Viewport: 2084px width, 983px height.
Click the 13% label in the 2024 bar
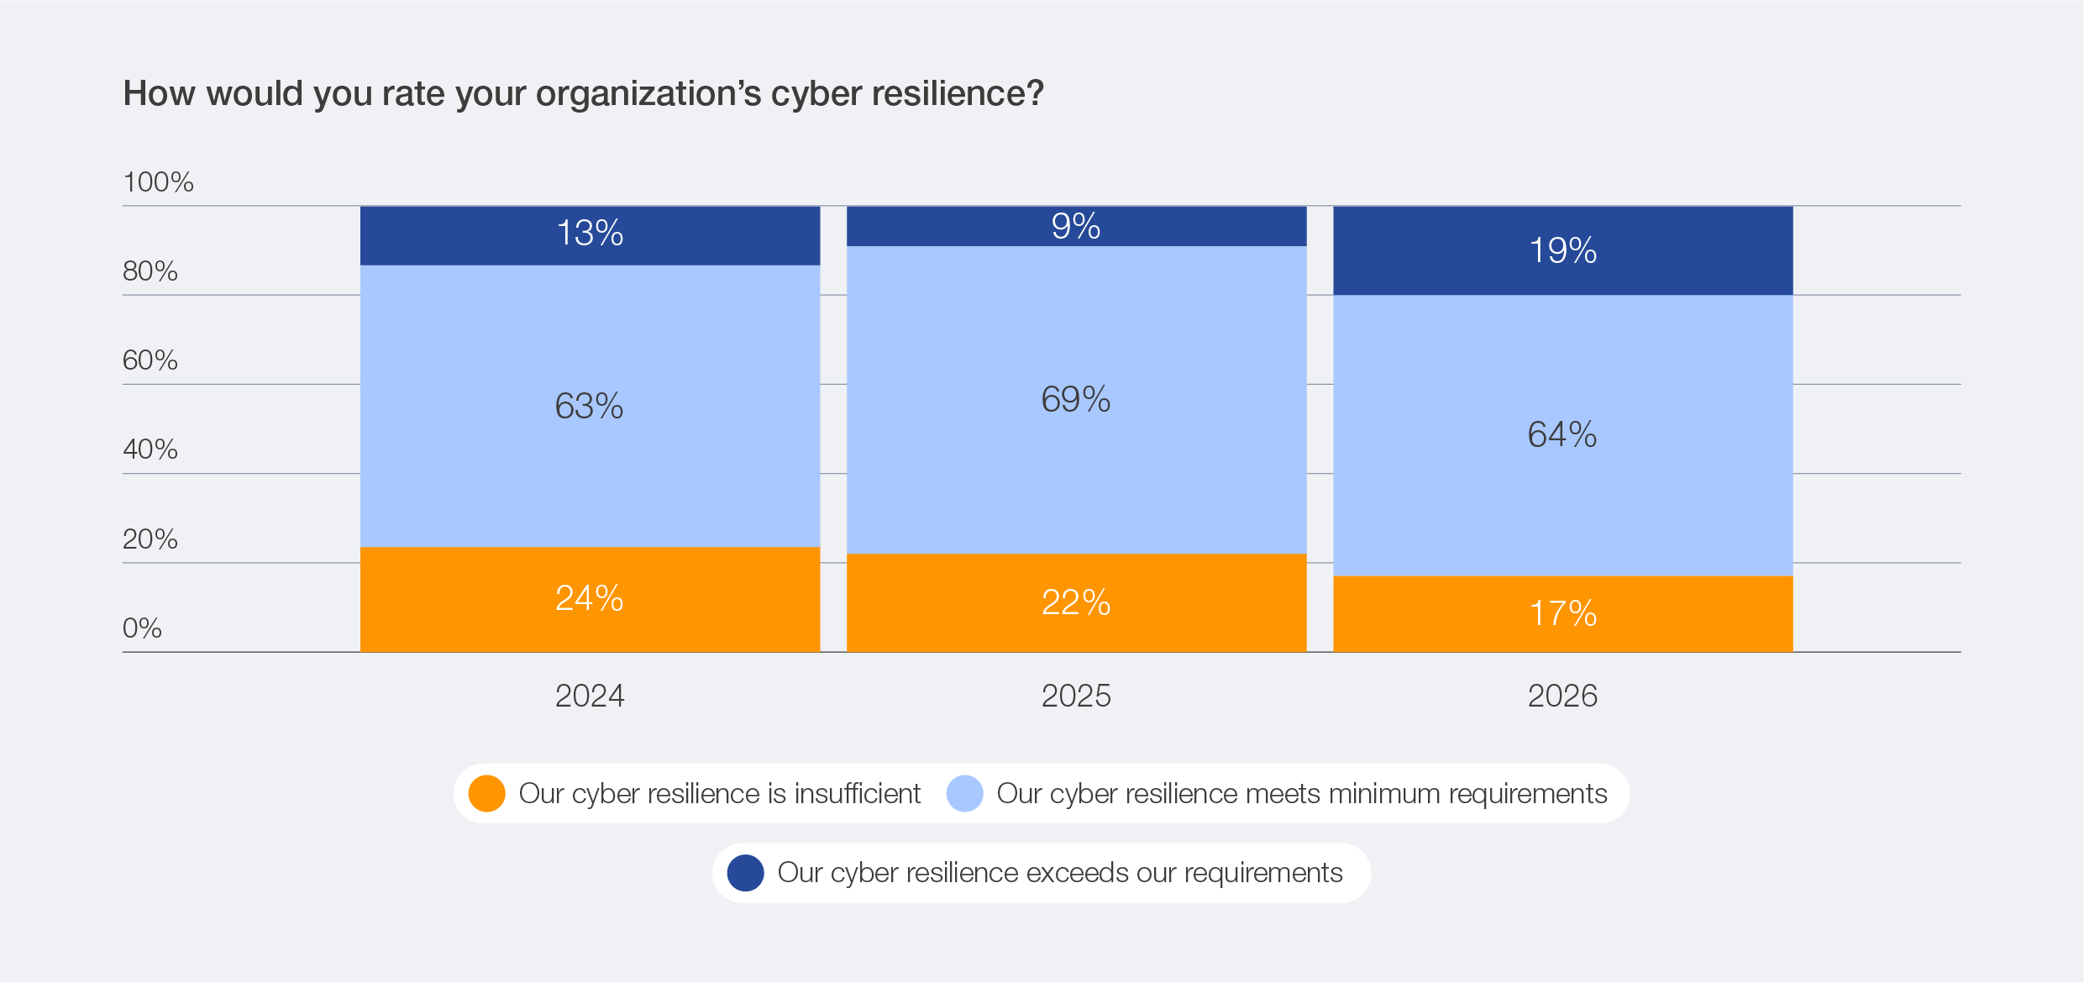[x=590, y=233]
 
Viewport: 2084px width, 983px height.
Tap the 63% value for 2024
[x=589, y=406]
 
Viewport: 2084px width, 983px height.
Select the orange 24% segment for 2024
[x=590, y=599]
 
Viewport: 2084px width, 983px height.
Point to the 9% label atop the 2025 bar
[x=1076, y=226]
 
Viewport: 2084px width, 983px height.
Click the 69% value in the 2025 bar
[x=1076, y=399]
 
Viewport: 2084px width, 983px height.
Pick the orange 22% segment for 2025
[x=1076, y=602]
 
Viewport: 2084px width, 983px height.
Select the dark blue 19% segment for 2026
[x=1562, y=250]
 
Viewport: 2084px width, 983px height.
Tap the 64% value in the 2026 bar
[x=1562, y=434]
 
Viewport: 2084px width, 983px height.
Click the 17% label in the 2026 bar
[x=1562, y=613]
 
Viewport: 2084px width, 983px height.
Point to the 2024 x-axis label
[x=590, y=696]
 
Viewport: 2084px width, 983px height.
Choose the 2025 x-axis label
[x=1076, y=696]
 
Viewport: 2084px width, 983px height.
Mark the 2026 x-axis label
[x=1562, y=696]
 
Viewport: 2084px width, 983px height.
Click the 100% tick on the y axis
[x=158, y=181]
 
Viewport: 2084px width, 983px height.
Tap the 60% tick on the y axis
[x=150, y=360]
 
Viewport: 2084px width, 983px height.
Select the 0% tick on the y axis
[x=142, y=628]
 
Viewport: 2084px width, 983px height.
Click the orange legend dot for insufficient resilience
[x=486, y=793]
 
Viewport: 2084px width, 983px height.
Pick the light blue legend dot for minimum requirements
[x=964, y=793]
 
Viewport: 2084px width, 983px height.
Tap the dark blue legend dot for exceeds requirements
[x=745, y=873]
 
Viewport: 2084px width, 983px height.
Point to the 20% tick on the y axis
[x=150, y=539]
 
